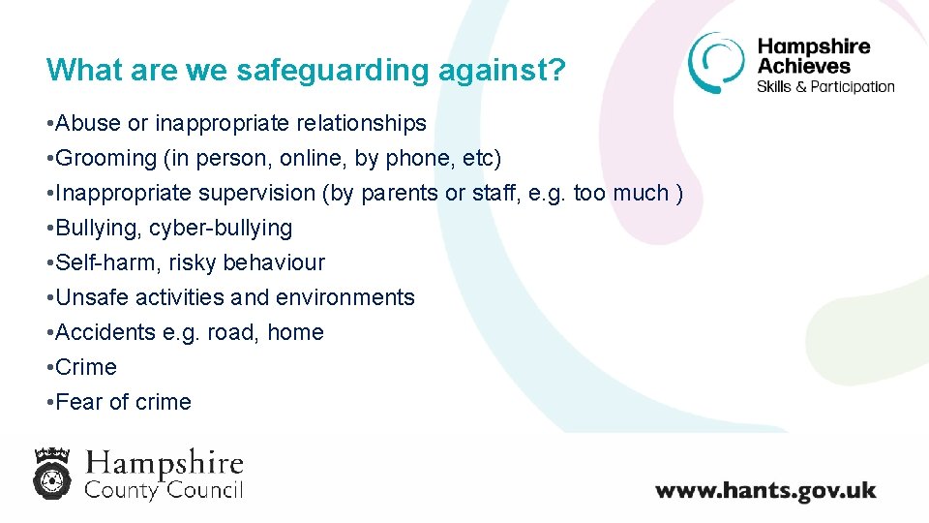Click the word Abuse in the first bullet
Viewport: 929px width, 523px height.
tap(89, 123)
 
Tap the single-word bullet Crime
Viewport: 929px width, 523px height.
tap(86, 367)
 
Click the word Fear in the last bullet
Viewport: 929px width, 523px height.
tap(79, 402)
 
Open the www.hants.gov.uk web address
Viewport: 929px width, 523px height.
tap(764, 490)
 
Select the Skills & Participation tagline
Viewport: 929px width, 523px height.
tap(825, 86)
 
